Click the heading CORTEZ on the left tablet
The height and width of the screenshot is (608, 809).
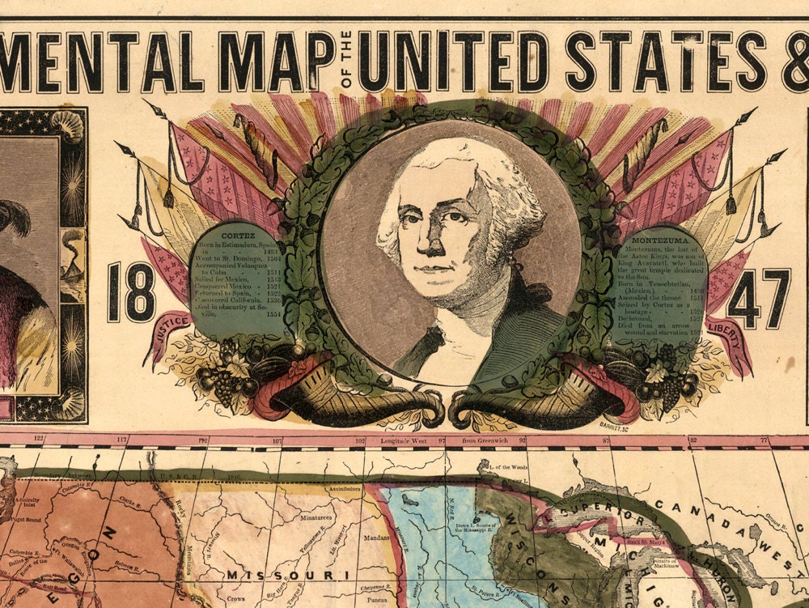(x=238, y=233)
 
